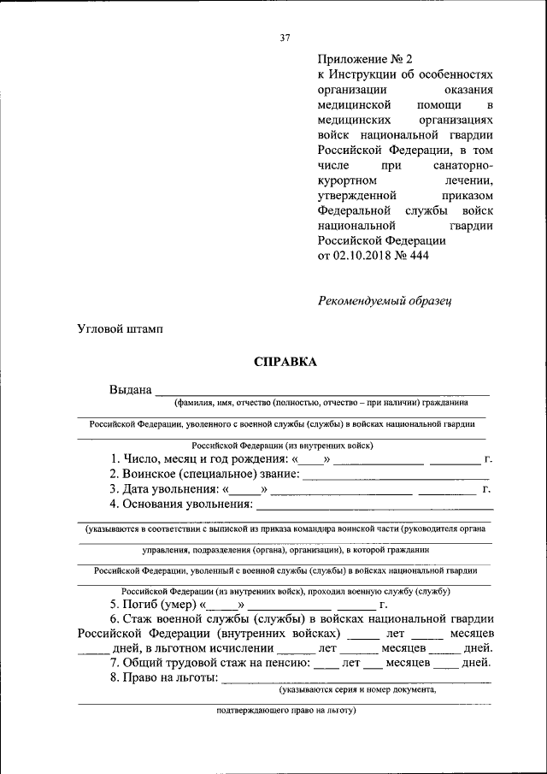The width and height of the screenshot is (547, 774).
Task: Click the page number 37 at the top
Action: [x=285, y=36]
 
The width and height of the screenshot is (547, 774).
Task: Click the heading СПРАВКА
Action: [x=285, y=362]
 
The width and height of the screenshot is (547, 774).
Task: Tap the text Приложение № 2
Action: [x=365, y=59]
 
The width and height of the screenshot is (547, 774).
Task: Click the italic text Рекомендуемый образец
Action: [x=384, y=300]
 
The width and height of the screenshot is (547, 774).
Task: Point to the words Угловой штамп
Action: [x=120, y=328]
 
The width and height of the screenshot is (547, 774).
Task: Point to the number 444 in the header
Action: [x=419, y=256]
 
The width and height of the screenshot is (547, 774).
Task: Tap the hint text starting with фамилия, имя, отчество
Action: [x=321, y=402]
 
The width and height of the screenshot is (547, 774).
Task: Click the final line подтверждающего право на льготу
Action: [x=285, y=709]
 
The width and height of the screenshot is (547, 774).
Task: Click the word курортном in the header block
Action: [x=348, y=180]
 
